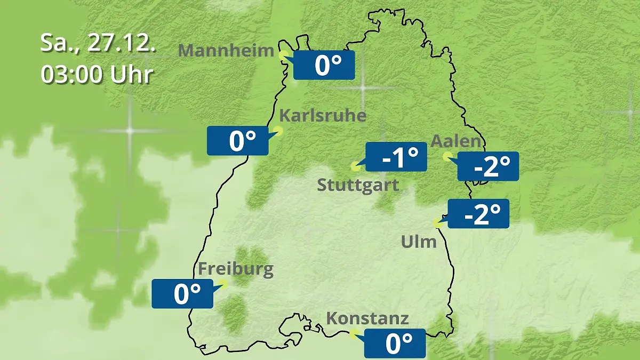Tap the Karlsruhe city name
tap(323, 116)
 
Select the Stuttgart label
tap(358, 186)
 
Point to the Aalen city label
tap(456, 142)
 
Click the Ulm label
tap(419, 242)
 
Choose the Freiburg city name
tap(236, 268)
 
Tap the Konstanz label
tap(367, 318)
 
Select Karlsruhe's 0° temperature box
tap(238, 141)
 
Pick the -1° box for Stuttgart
tap(396, 157)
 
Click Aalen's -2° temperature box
tap(488, 166)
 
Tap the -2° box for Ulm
tap(478, 214)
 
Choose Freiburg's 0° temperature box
tap(182, 294)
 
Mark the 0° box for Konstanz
tap(395, 343)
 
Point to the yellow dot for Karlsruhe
tap(278, 130)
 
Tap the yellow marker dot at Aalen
tap(447, 156)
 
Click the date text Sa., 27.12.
tap(98, 43)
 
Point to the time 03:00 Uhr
tap(97, 75)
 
